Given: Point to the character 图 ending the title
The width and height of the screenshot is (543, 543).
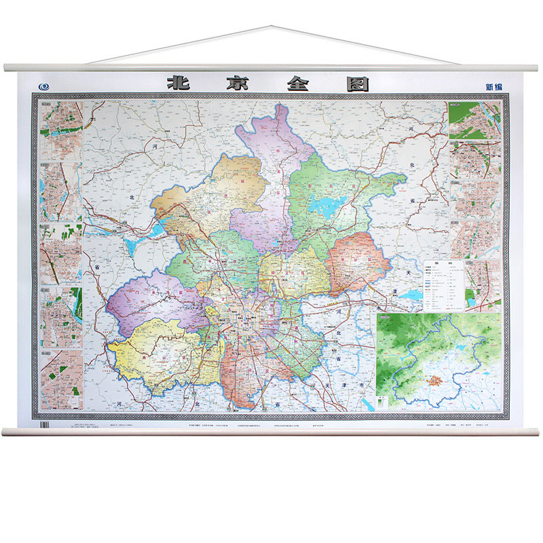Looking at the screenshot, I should [358, 83].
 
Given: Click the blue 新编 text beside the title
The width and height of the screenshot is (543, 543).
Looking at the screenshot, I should [494, 86].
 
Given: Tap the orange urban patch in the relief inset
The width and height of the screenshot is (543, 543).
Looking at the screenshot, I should [432, 375].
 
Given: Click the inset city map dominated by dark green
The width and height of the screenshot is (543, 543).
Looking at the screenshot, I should [473, 120].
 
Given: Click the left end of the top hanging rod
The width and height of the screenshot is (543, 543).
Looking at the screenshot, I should [5, 68].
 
